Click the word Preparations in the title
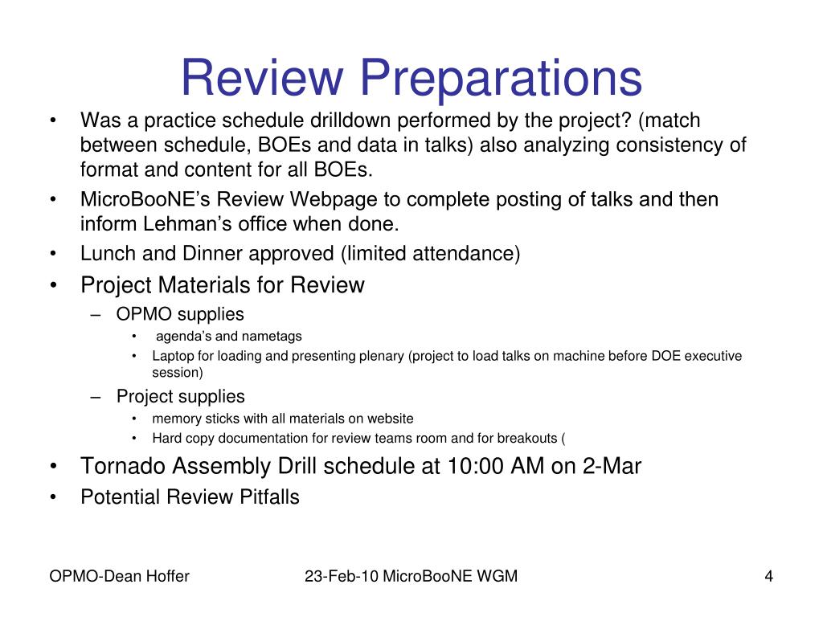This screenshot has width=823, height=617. pos(501,79)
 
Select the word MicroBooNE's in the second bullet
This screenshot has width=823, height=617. pos(145,199)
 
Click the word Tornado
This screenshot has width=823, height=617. pos(123,466)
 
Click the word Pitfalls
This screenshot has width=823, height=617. pos(269,496)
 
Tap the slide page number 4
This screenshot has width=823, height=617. pos(769,577)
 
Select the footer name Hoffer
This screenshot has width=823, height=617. pos(166,577)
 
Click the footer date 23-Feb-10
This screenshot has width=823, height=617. pos(341,577)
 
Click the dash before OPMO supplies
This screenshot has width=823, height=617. pos(95,315)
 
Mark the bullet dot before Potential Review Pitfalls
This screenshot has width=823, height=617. pos(53,497)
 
